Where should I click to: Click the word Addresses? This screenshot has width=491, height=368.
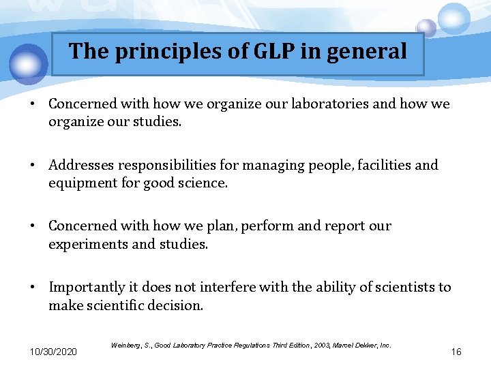[83, 165]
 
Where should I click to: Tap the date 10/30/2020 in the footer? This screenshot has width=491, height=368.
[53, 352]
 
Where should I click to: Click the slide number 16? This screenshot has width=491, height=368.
[456, 352]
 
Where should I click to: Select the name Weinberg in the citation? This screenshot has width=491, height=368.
[125, 346]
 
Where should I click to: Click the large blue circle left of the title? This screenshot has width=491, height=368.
[29, 63]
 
